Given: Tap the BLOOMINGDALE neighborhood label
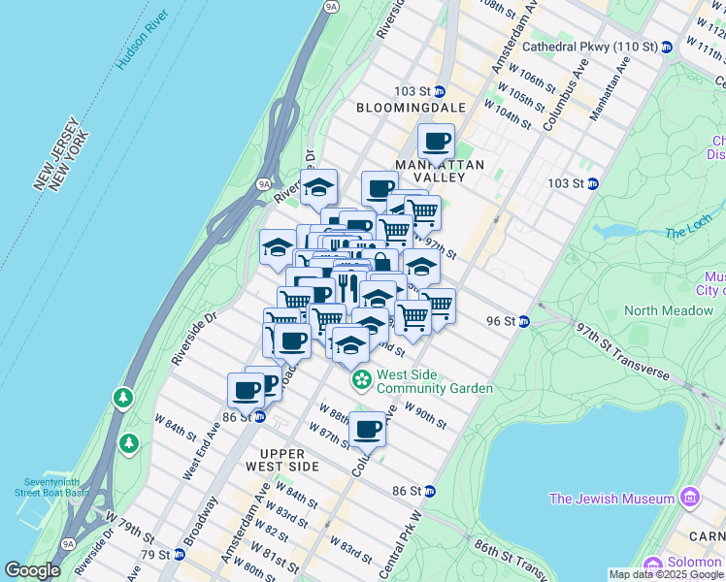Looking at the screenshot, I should pos(411,108).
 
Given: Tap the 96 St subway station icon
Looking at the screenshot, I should pos(523,322).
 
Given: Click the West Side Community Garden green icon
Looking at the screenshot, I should pos(361,379).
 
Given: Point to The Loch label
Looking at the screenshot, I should pos(688,233).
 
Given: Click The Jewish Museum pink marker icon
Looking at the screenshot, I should pos(690,499).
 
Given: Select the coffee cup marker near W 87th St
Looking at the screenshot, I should pos(368,428).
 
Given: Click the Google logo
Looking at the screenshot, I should pos(32,570).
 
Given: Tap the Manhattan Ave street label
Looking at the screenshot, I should pos(610,87).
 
